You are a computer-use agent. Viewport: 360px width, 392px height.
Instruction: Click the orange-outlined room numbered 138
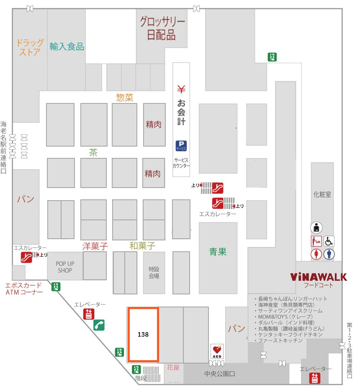(143, 335)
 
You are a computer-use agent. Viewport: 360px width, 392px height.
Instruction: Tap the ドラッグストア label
(30, 47)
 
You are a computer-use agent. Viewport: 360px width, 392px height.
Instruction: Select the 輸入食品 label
(67, 46)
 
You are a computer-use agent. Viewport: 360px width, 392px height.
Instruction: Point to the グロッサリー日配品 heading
(162, 28)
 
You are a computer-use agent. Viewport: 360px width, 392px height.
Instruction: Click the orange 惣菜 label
(125, 98)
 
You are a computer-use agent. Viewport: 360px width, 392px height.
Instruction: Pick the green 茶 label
(93, 152)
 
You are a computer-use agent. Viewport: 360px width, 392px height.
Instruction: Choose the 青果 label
(218, 252)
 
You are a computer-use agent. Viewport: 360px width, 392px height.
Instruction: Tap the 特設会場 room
(154, 273)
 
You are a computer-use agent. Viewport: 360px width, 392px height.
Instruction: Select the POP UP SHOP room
(65, 267)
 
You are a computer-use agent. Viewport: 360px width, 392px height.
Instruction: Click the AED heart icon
(217, 351)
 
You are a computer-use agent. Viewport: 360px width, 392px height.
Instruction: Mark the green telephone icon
(99, 325)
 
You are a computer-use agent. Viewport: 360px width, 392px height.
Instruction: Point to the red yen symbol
(181, 89)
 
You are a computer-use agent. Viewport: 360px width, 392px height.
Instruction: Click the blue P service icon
(181, 146)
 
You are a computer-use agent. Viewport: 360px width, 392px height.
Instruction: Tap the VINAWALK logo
(319, 277)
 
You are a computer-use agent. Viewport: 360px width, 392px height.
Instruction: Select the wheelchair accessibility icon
(329, 241)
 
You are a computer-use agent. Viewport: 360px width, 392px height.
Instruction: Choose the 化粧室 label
(322, 194)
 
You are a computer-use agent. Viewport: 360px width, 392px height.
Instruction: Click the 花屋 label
(173, 368)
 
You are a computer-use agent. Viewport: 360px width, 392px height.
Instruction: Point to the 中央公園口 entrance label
(220, 374)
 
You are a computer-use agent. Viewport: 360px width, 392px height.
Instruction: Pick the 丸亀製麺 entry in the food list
(289, 329)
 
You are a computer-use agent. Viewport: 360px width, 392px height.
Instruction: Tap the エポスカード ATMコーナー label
(24, 289)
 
